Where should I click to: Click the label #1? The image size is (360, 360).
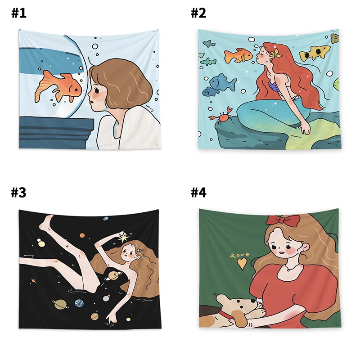[x=19, y=13]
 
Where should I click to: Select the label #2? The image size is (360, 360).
[x=198, y=13]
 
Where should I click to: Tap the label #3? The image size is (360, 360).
[x=19, y=193]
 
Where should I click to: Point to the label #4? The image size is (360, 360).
[x=198, y=193]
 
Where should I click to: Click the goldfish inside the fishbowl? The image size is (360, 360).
[x=58, y=85]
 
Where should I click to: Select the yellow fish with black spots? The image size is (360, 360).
[x=315, y=53]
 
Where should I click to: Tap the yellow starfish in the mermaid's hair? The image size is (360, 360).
[x=275, y=54]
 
